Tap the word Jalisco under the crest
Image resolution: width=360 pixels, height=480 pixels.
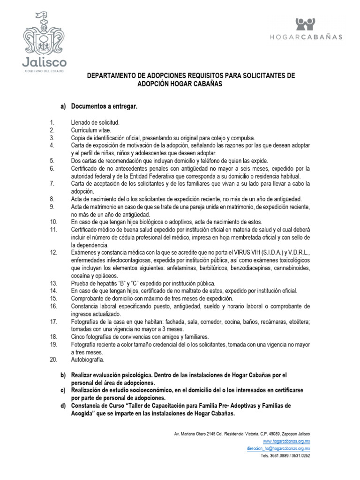tap(45, 62)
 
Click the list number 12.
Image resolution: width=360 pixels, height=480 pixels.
tap(53, 253)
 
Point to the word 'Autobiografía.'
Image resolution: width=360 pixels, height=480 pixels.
tap(88, 360)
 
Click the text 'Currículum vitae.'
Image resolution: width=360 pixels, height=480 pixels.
tap(91, 130)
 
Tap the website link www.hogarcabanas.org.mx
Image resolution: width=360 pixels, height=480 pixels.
tap(286, 441)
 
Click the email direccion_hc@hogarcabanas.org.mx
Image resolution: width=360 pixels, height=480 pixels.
tap(278, 448)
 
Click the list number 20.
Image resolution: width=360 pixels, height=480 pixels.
tap(53, 360)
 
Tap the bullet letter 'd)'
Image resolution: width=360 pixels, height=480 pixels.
tap(63, 405)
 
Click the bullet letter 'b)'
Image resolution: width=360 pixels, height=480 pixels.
tap(63, 375)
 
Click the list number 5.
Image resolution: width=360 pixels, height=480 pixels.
tap(52, 160)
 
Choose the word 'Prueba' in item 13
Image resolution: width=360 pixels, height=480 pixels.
tap(80, 283)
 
